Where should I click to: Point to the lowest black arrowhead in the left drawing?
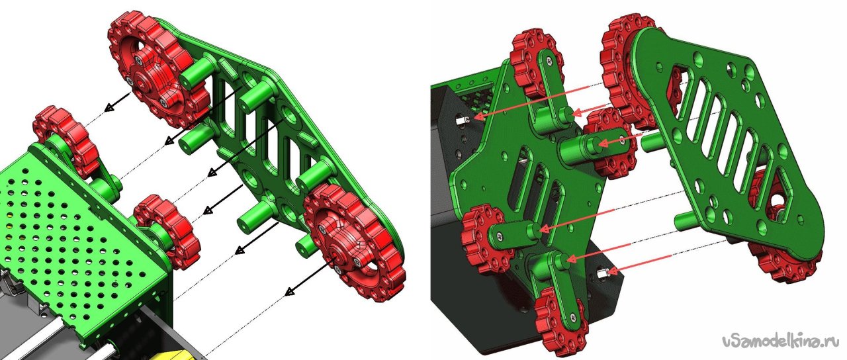[290, 292]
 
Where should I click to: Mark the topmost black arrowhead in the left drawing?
[109, 107]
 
